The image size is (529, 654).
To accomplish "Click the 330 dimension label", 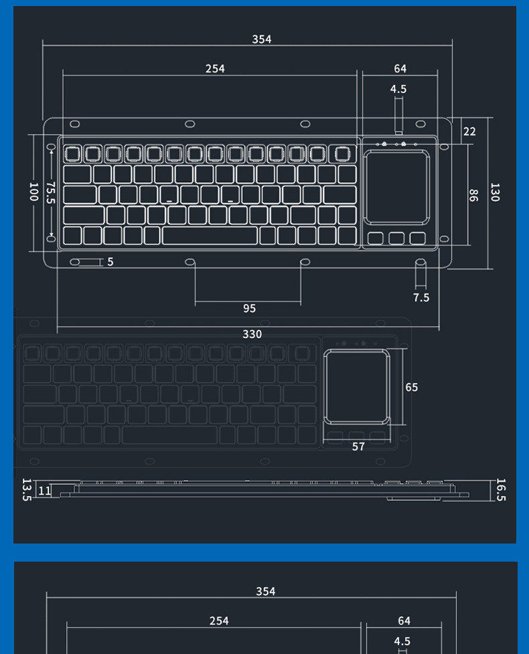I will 252,334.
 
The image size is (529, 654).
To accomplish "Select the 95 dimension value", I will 249,309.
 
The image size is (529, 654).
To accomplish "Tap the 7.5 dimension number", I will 421,298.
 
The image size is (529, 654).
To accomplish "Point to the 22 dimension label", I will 469,132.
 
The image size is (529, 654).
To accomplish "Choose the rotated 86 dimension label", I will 473,195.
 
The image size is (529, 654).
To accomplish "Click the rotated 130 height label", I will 495,193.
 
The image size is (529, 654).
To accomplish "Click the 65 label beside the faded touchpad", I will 411,388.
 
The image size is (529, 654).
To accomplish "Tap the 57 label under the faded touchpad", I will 358,446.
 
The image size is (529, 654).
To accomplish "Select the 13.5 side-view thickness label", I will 27,489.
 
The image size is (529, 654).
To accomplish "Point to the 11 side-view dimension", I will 44,491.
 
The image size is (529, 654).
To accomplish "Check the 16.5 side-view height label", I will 501,490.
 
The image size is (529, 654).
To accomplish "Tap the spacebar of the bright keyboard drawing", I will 210,236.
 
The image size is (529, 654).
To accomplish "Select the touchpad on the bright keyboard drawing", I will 396,187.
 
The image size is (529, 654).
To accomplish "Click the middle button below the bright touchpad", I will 396,238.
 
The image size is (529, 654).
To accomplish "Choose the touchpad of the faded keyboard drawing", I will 356,386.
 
